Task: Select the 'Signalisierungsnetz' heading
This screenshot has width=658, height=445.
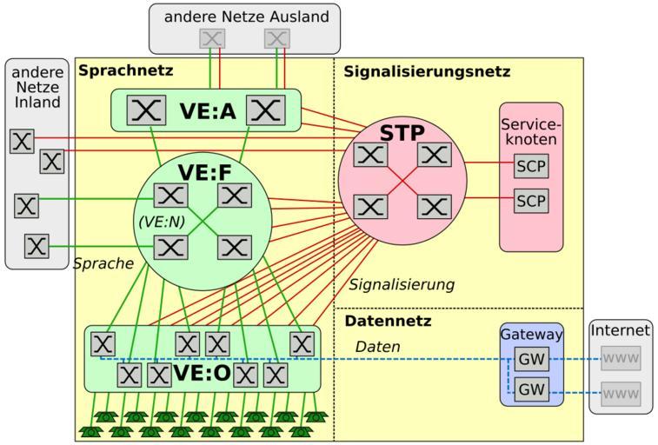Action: [427, 72]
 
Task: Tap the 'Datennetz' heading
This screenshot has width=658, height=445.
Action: [389, 322]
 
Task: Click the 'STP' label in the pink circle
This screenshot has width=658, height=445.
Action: [402, 133]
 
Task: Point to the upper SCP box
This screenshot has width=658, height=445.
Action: [532, 166]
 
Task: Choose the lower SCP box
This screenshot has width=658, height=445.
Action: [532, 201]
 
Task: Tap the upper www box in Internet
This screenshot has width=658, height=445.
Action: [621, 358]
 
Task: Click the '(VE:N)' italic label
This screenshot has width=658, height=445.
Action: [163, 222]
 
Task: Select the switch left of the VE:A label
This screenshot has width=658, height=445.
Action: [147, 110]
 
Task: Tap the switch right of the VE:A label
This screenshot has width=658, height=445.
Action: [265, 110]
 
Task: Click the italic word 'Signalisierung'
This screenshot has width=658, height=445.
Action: [402, 284]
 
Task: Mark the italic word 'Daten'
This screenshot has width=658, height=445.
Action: [377, 347]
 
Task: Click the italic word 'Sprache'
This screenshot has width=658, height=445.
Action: [103, 262]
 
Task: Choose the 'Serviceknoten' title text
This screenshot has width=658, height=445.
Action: [532, 131]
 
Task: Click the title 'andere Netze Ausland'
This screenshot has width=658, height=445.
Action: [244, 17]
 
